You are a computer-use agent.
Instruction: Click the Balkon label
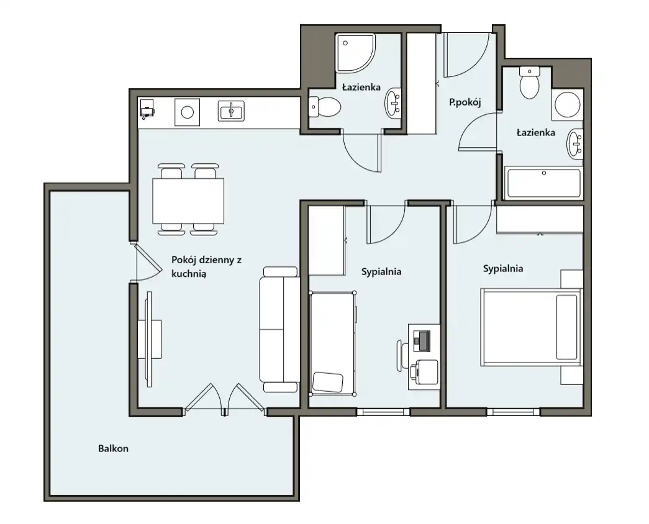tap(113, 448)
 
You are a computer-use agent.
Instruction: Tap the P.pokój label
tap(465, 102)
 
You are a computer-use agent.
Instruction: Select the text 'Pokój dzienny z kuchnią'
tap(207, 266)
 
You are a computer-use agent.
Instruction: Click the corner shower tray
tap(355, 53)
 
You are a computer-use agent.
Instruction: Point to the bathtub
tap(543, 183)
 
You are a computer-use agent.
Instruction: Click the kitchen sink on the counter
tap(231, 111)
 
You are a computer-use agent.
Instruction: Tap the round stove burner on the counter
tap(187, 112)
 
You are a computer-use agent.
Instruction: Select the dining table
tap(188, 201)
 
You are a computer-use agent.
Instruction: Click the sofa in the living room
tap(279, 330)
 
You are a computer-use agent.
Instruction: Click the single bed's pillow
tap(328, 382)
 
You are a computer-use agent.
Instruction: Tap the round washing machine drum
tap(567, 104)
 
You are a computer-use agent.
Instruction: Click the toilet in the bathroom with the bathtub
tap(529, 83)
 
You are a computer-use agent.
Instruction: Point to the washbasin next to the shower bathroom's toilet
tap(393, 103)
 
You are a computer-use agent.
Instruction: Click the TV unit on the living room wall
tap(150, 339)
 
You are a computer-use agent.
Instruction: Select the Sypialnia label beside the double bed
tap(503, 269)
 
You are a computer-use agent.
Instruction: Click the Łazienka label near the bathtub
tap(535, 132)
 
